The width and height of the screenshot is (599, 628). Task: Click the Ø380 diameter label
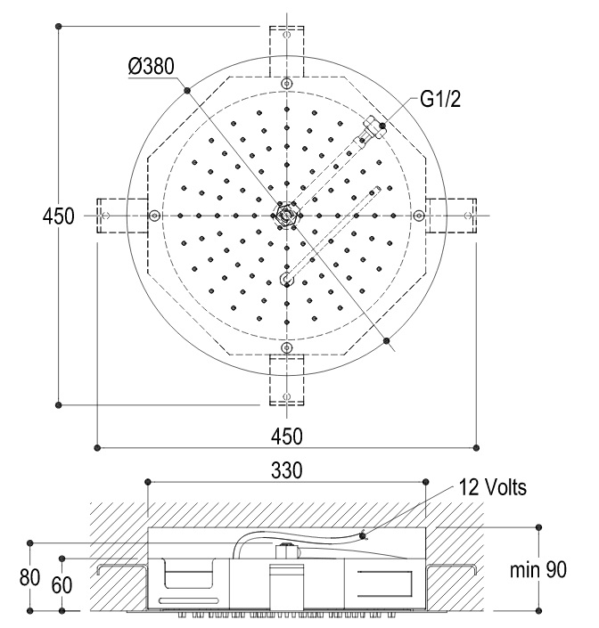151,67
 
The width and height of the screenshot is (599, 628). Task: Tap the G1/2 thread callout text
440,99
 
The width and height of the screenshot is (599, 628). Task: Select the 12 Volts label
492,487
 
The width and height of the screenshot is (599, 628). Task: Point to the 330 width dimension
286,470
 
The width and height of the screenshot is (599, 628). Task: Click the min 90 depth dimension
538,569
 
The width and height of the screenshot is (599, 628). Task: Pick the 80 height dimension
29,577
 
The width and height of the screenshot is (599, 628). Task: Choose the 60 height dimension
62,585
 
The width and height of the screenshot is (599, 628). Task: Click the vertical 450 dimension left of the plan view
59,216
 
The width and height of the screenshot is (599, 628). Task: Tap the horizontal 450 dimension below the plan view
286,436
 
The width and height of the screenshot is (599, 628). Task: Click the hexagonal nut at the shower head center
286,216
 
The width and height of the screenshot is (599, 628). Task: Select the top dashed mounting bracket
286,52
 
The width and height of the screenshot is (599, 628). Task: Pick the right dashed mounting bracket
451,216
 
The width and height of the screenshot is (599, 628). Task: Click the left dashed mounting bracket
122,216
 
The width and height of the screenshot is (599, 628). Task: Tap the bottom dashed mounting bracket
286,379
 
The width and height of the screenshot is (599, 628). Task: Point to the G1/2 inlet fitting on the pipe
373,128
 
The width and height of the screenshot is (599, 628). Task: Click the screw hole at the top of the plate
286,84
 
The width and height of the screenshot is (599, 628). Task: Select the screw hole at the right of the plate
418,216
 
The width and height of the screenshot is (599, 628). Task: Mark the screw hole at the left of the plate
155,216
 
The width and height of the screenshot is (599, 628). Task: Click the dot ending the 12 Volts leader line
363,536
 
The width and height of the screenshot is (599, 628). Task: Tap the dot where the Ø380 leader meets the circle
187,91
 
